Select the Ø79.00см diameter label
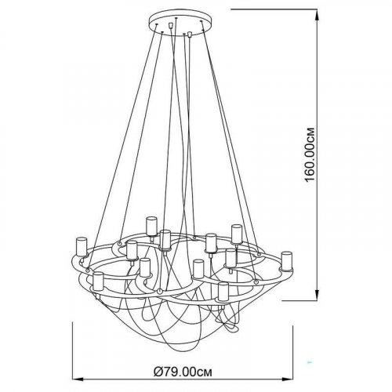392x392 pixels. (183, 372)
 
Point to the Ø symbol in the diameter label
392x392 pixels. (158, 372)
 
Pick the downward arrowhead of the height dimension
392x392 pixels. (317, 295)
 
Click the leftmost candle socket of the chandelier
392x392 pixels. (81, 247)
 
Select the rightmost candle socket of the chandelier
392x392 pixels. (286, 261)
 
